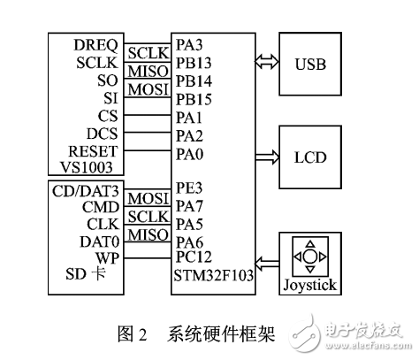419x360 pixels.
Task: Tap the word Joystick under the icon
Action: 311,286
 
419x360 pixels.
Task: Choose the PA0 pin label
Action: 190,154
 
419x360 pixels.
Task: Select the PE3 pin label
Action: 190,189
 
